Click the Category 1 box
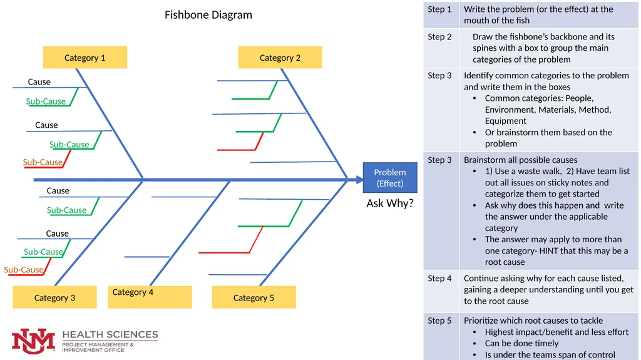(85, 57)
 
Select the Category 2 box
(280, 57)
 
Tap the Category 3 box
(55, 297)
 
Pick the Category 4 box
(150, 297)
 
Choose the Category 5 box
(254, 297)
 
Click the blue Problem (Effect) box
(390, 178)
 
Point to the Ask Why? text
(390, 203)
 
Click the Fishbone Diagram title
(208, 15)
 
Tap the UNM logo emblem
(34, 341)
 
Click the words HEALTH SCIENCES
(110, 334)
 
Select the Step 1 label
(439, 9)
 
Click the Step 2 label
(439, 37)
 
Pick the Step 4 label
(439, 279)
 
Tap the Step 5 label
(439, 321)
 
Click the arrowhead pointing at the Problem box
(359, 180)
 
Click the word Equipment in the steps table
(506, 121)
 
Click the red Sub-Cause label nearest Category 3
(24, 270)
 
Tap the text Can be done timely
(521, 343)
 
